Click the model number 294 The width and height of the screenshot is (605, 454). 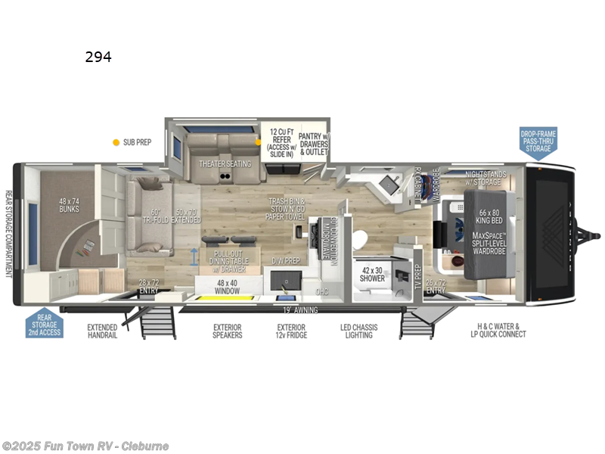pos(98,57)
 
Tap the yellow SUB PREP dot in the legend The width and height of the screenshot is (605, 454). pos(116,141)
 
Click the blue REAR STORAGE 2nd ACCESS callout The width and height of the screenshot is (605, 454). pos(45,323)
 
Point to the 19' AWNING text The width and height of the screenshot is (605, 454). pos(299,310)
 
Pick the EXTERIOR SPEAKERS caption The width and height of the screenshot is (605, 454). pos(228,331)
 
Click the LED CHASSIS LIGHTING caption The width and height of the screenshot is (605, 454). pos(358,331)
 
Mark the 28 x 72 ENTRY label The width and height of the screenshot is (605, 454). pos(150,287)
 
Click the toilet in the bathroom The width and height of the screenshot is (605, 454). pos(358,238)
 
